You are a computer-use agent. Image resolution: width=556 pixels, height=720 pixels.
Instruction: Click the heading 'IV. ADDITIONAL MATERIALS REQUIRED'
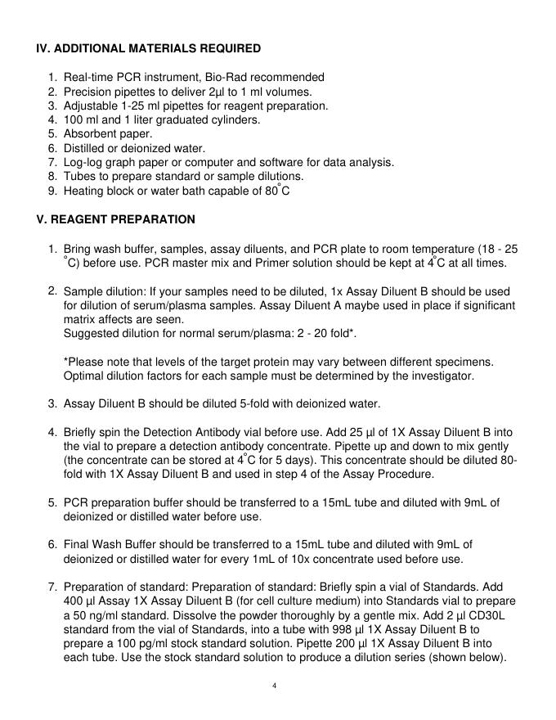tap(148, 48)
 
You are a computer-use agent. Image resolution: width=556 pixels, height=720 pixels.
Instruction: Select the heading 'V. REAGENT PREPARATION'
tap(115, 219)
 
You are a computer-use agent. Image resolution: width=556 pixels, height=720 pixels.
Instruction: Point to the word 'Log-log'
tap(83, 162)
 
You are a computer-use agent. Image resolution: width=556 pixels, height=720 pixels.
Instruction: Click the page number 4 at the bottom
tap(277, 685)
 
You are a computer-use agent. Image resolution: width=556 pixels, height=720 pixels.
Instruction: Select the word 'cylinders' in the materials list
tap(235, 119)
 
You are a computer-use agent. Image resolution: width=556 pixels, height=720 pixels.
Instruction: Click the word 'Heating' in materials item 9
tap(83, 191)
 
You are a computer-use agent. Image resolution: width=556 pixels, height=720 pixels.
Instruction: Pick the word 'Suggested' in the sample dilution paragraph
tap(92, 334)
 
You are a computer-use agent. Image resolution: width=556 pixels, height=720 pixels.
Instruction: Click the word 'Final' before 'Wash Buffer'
tap(77, 545)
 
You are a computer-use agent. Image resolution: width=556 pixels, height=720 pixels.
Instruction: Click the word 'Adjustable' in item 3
tap(91, 106)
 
